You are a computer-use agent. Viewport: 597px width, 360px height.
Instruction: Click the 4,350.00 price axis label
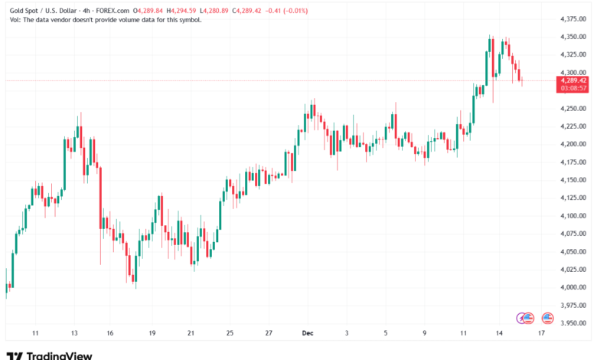coord(573,37)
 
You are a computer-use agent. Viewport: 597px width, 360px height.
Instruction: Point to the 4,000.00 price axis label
coord(573,287)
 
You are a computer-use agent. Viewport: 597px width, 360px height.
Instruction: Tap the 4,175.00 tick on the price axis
coord(573,162)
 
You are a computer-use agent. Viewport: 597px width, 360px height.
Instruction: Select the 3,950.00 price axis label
coord(573,322)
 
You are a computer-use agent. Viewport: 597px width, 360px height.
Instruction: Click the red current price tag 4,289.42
coord(573,80)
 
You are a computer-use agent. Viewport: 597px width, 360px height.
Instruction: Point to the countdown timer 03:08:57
coord(573,88)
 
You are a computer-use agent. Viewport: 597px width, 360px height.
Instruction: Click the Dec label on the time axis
coord(308,333)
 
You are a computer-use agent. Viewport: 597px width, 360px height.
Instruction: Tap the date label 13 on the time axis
coord(74,333)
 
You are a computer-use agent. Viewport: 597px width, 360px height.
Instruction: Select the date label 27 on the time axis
coord(269,333)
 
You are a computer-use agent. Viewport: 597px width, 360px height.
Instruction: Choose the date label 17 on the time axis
coord(542,333)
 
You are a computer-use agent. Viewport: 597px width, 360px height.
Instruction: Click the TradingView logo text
coord(59,355)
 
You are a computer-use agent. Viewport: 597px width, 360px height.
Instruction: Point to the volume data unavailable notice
coord(103,20)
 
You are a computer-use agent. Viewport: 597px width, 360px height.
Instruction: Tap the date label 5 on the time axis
coord(387,333)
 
